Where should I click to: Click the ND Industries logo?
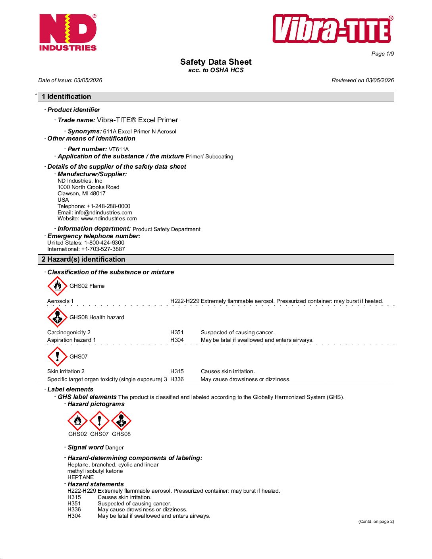pyautogui.click(x=68, y=33)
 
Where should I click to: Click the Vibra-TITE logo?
pyautogui.click(x=333, y=29)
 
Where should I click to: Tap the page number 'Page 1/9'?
pyautogui.click(x=382, y=54)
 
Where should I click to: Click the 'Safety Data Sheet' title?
pyautogui.click(x=216, y=62)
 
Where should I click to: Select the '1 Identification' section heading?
pyautogui.click(x=67, y=96)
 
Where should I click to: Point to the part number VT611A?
pyautogui.click(x=119, y=149)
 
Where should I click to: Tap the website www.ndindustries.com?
pyautogui.click(x=109, y=218)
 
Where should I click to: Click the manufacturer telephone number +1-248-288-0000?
pyautogui.click(x=108, y=206)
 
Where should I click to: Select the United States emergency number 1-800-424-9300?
pyautogui.click(x=104, y=243)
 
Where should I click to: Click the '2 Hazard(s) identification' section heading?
pyautogui.click(x=83, y=259)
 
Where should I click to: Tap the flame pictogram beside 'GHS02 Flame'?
pyautogui.click(x=57, y=286)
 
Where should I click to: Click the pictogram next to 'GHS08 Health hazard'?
pyautogui.click(x=57, y=317)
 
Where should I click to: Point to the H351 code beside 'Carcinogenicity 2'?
pyautogui.click(x=177, y=332)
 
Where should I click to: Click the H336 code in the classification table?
pyautogui.click(x=177, y=379)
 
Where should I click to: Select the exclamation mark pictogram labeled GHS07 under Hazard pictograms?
pyautogui.click(x=99, y=421)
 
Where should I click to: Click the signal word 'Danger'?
pyautogui.click(x=114, y=447)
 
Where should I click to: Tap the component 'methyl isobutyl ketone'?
pyautogui.click(x=95, y=471)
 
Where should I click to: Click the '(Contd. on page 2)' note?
pyautogui.click(x=376, y=521)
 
